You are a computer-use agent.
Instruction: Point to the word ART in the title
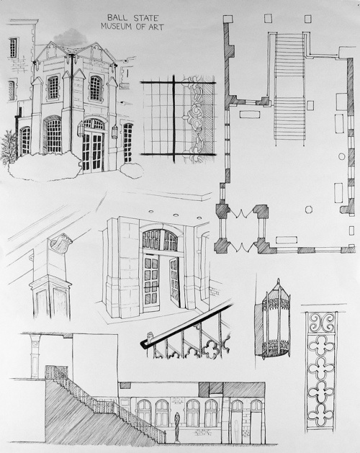[x=157, y=27]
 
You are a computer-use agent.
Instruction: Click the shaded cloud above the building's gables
[x=71, y=37]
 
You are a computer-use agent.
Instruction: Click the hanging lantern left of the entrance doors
[x=81, y=129]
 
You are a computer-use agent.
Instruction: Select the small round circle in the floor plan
[x=341, y=156]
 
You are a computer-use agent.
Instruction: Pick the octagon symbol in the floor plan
[x=309, y=209]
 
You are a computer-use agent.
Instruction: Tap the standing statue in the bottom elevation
[x=177, y=426]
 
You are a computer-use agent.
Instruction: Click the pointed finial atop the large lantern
[x=278, y=282]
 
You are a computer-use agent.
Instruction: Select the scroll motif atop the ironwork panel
[x=321, y=322]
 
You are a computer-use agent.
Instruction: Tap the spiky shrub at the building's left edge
[x=9, y=148]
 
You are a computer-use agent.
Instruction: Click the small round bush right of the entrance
[x=132, y=170]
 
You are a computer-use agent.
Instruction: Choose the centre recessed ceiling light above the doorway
[x=176, y=215]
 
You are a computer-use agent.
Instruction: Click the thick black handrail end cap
[x=143, y=344]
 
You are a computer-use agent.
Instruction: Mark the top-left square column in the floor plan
[x=228, y=19]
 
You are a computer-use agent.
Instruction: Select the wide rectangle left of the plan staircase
[x=250, y=114]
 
